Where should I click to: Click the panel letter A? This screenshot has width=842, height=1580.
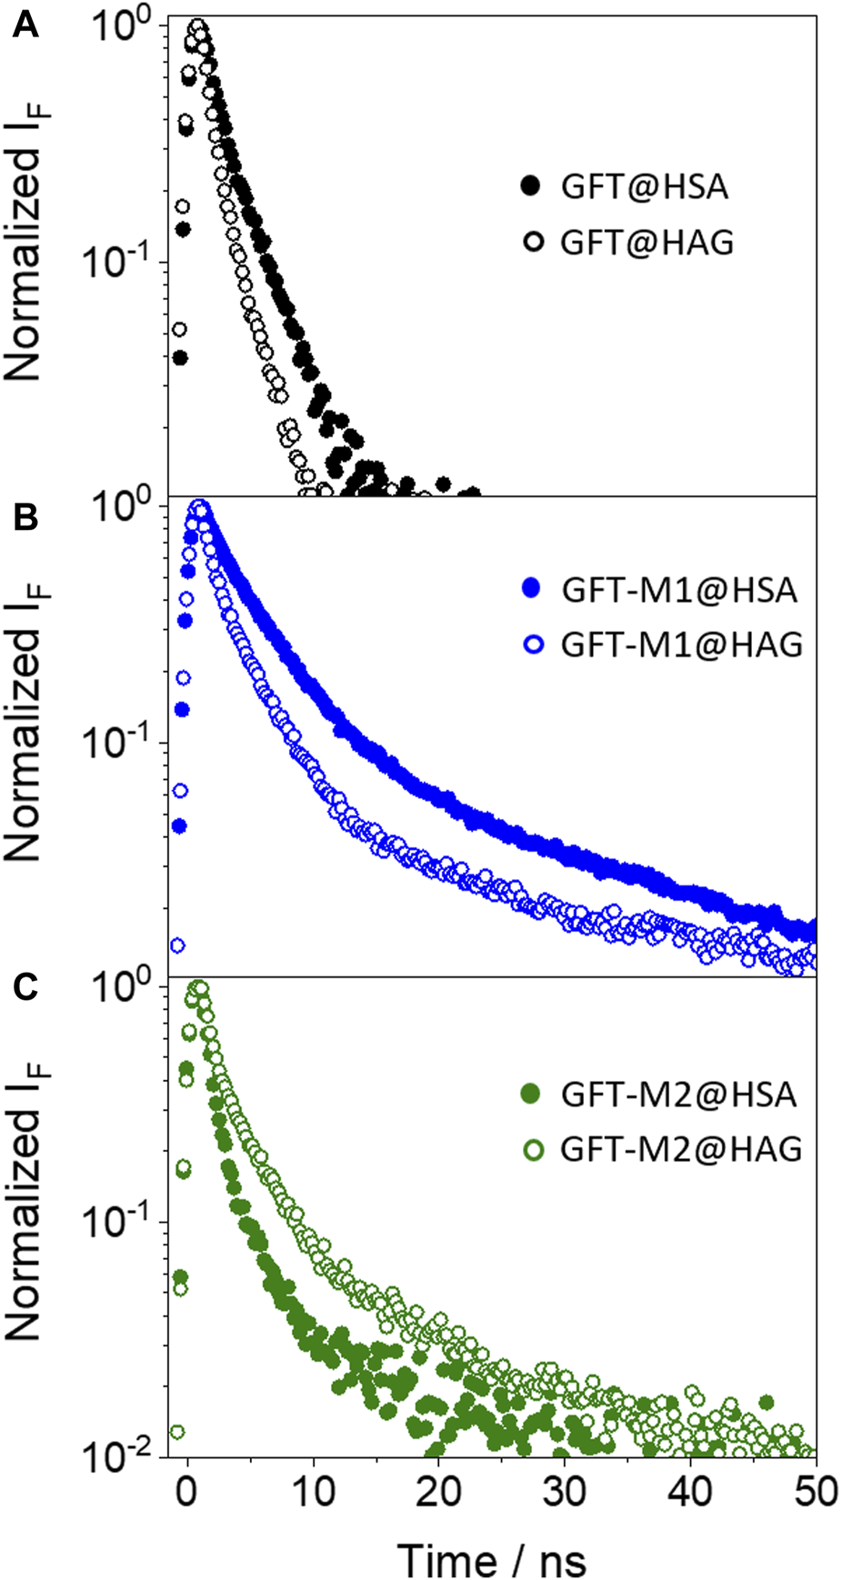(25, 25)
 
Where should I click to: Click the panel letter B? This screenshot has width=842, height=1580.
(25, 518)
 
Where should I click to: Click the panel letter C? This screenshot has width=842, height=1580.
(25, 987)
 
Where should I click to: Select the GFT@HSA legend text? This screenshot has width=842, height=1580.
(644, 187)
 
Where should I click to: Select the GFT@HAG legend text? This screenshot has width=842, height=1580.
(646, 243)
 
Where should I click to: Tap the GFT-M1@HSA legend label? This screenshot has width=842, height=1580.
(678, 590)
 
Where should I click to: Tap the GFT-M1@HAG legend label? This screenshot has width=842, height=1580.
(681, 645)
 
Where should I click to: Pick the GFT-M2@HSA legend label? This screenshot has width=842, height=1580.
(678, 1094)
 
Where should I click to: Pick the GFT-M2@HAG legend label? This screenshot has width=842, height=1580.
(681, 1149)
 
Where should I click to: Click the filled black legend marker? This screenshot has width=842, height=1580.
(531, 187)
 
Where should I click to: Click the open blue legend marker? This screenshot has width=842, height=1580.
(533, 645)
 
